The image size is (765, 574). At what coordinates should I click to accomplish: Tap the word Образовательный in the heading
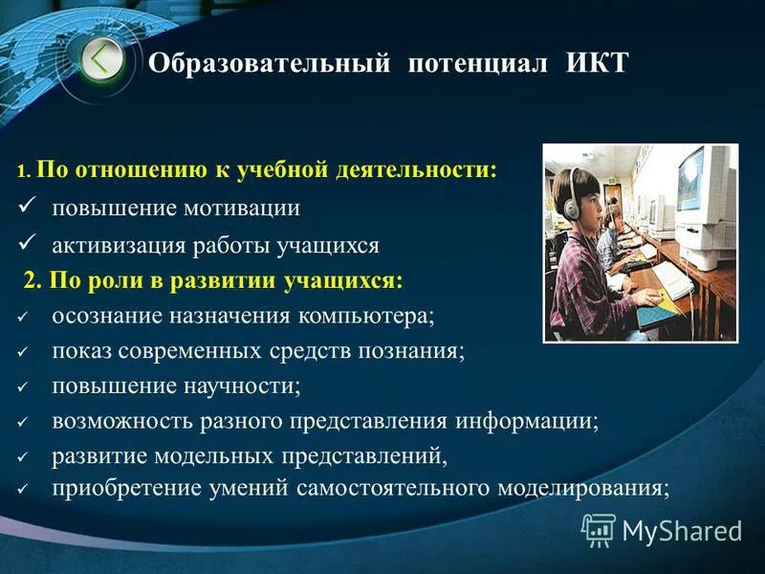coord(270,64)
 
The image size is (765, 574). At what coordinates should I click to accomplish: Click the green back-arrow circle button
coord(101,60)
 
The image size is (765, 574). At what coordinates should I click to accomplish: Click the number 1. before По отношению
coord(24,172)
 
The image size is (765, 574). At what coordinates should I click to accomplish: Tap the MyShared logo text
coord(681,530)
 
